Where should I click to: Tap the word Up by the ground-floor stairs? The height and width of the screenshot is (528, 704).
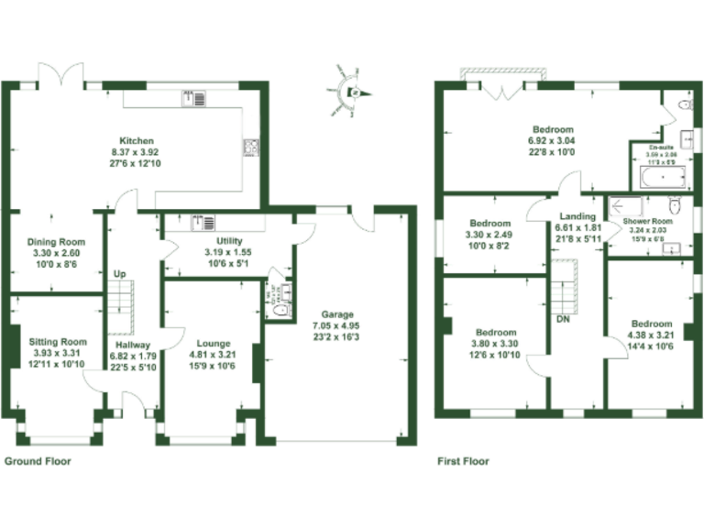119,274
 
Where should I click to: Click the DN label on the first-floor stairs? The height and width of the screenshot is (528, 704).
563,320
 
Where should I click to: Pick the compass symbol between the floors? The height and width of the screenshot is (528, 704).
352,92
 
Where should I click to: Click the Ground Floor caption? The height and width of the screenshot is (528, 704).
38,462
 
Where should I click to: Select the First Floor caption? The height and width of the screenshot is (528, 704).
463,462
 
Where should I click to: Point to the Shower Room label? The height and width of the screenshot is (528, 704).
648,222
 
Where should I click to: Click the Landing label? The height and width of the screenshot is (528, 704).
577,217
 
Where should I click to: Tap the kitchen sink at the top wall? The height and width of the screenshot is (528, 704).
190,96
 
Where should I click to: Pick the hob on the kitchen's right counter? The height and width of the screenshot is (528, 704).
249,146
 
